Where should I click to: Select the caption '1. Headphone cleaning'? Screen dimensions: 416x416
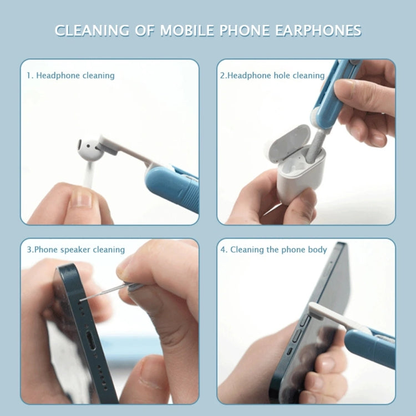70,75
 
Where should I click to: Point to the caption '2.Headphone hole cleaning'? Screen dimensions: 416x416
272,75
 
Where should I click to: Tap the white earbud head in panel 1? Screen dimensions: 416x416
89,148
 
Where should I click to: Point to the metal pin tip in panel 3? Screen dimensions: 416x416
82,300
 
